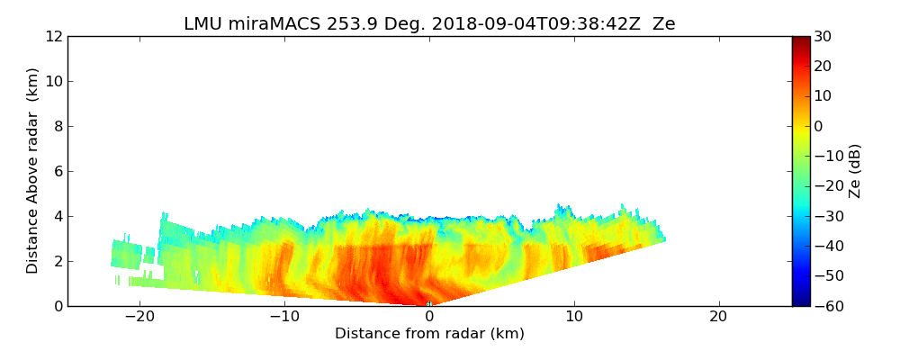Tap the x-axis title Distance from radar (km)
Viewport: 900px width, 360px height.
click(x=429, y=334)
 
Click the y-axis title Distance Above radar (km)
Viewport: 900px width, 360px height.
click(x=33, y=170)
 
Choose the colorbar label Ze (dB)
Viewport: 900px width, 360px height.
click(x=855, y=170)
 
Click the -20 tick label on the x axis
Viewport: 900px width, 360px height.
click(x=139, y=318)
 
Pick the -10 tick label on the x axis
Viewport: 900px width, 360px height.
click(x=284, y=318)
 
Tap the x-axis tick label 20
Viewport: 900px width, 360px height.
click(x=718, y=318)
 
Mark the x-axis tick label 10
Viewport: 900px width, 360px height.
click(x=574, y=318)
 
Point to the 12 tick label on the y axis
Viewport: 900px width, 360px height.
click(x=52, y=37)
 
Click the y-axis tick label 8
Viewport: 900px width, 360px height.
click(x=57, y=126)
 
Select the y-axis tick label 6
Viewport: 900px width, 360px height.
click(x=57, y=171)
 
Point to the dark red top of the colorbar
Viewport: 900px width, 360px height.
click(x=800, y=40)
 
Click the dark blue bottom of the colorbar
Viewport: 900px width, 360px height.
click(x=800, y=301)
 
